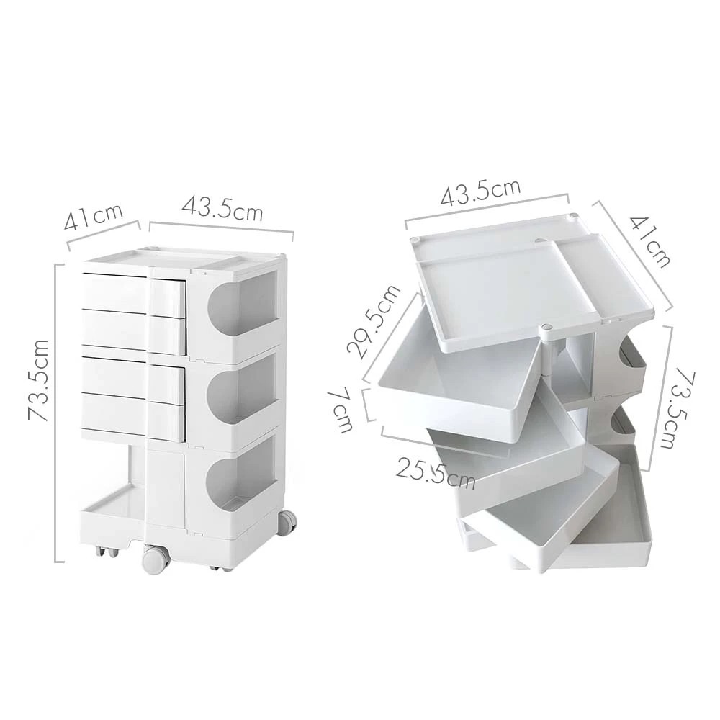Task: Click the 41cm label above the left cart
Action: (93, 217)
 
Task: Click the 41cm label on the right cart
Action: (650, 240)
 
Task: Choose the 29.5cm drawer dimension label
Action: (374, 322)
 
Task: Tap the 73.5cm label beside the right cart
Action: (675, 409)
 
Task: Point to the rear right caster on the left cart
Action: (287, 522)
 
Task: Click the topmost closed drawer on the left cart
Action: (133, 294)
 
